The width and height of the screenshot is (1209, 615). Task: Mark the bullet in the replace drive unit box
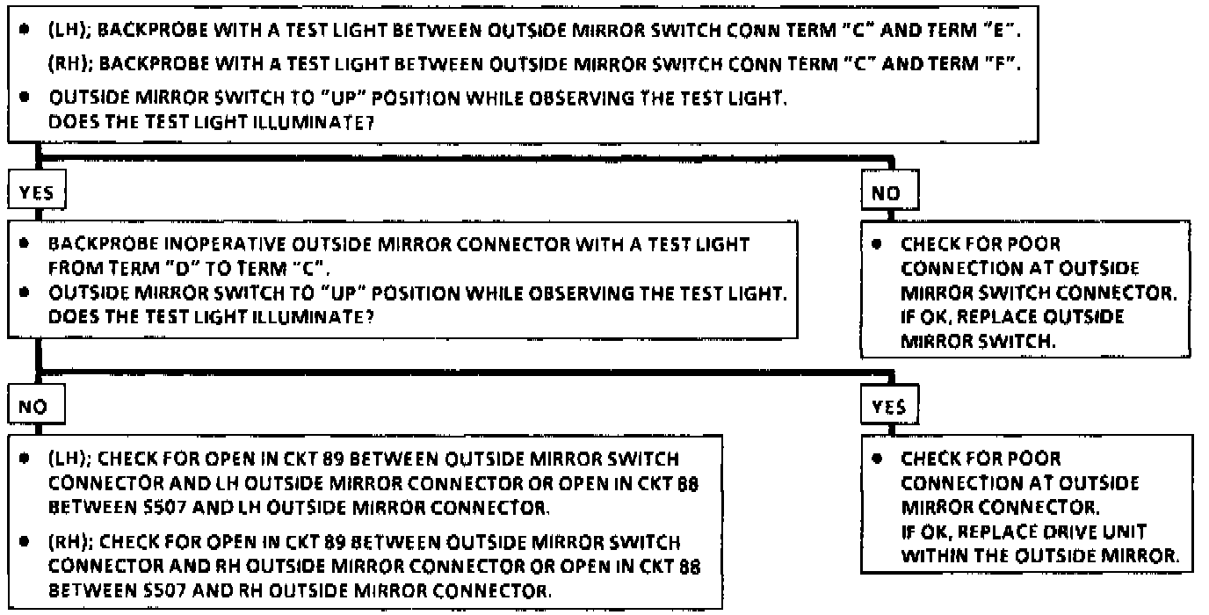point(877,459)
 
